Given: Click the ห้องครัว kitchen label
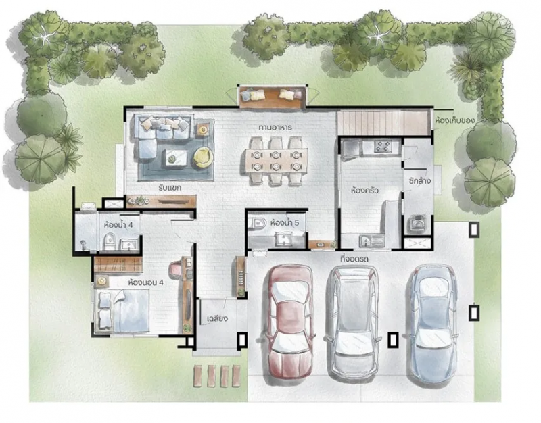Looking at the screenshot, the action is click(365, 190).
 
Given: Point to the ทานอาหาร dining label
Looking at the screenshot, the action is click(275, 128).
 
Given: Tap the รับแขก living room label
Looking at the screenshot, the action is click(170, 189).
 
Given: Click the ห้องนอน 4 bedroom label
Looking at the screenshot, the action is click(145, 283).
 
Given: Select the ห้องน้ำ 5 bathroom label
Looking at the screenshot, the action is click(285, 223).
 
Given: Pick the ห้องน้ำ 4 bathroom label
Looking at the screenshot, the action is click(118, 225).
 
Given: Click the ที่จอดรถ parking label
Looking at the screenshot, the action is click(354, 259).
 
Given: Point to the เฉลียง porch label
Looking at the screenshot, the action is click(217, 318).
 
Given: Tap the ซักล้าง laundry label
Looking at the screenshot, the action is click(419, 180).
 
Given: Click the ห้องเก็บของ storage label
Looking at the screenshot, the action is click(454, 121).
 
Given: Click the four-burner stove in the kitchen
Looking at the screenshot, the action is click(383, 147).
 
